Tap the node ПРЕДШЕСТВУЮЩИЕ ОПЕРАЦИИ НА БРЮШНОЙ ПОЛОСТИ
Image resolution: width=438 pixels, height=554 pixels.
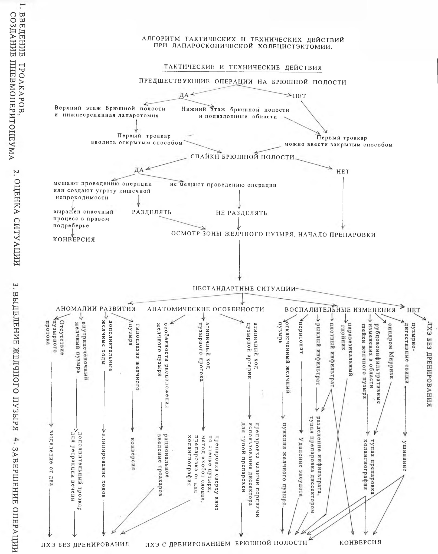243,82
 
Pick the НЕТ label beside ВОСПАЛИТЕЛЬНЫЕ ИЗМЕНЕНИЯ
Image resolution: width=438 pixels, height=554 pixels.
413,310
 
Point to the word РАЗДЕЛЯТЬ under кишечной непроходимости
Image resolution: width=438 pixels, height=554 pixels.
152,212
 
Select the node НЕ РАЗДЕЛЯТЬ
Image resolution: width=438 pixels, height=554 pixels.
241,213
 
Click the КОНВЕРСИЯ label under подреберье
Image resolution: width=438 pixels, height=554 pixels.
74,239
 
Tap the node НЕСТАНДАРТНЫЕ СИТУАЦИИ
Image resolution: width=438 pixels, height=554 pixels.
244,288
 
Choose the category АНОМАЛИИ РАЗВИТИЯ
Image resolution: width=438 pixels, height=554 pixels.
96,309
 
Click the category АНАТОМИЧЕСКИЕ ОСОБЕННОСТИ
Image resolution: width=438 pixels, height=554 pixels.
206,309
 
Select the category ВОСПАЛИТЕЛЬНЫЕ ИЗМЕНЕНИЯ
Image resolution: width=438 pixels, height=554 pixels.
340,310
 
